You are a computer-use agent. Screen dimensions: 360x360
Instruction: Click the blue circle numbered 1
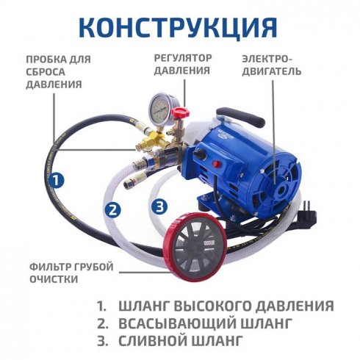click(57, 179)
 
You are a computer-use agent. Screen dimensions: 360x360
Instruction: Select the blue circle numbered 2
click(112, 209)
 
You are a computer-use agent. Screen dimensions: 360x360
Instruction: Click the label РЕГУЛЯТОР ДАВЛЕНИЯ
click(183, 65)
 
